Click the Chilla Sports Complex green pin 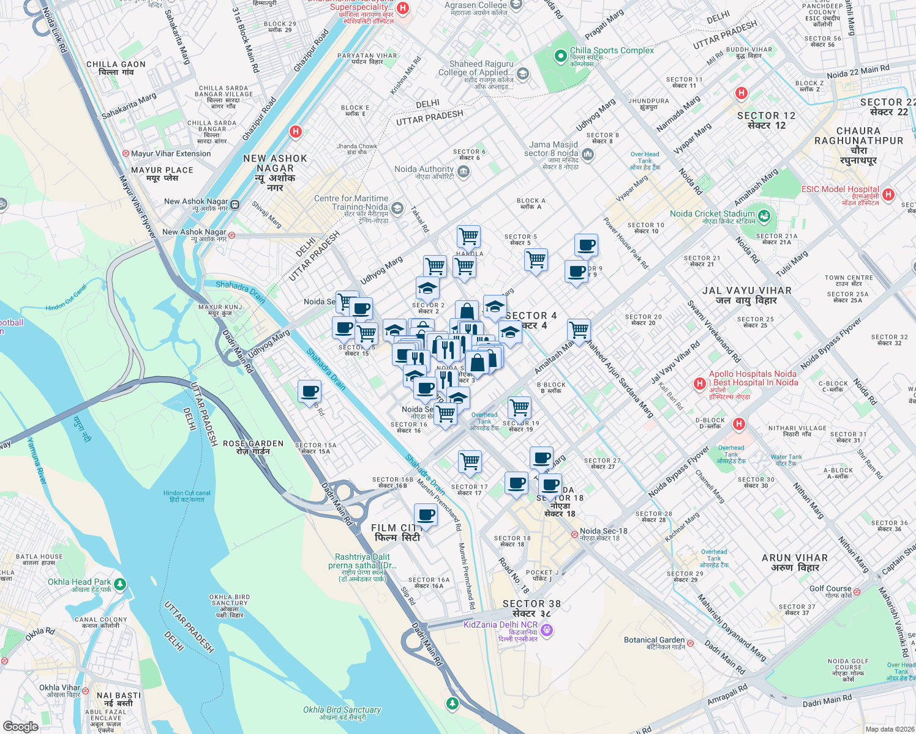coord(560,56)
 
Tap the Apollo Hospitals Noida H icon coord(700,384)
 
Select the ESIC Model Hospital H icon coord(888,195)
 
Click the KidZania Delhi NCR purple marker coord(547,629)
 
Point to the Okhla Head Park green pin coord(120,584)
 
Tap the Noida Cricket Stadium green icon coord(764,215)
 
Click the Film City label coord(397,532)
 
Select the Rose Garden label coord(253,447)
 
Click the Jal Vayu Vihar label coord(747,295)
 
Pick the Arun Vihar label coord(795,563)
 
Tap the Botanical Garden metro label coord(655,643)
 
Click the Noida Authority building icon coord(464,171)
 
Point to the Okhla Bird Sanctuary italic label coord(342,713)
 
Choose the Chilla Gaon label coord(116,68)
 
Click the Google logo coord(20,727)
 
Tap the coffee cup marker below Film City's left coord(426,515)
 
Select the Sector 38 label coord(531,608)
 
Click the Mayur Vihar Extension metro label coord(171,154)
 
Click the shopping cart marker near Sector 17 coord(470,462)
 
